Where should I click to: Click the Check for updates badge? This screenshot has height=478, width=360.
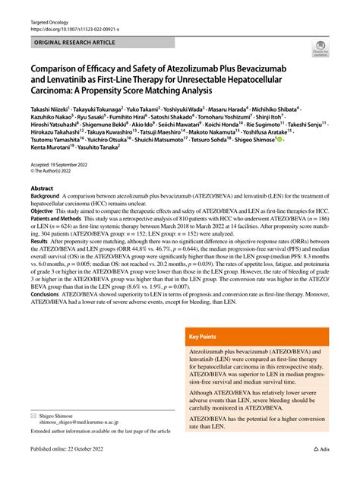click(x=318, y=51)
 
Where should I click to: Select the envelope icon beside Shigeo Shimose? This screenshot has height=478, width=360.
click(x=33, y=416)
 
